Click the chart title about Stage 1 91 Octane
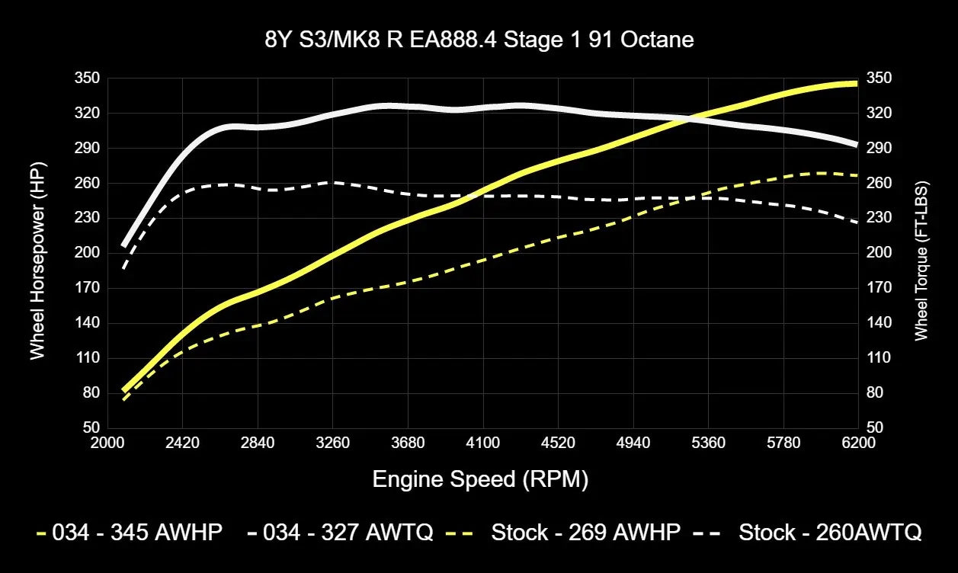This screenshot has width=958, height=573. coord(479,40)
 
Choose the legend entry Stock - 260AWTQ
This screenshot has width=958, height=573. coord(830,532)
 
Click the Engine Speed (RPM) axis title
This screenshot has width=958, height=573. coord(480,479)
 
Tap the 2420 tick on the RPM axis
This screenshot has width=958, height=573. coord(182,443)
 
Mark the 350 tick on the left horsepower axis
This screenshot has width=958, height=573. coord(89,78)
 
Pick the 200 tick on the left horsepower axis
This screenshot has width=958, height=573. coord(89,253)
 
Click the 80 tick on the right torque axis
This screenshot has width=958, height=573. coord(874,393)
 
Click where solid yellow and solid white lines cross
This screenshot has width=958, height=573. coord(690,118)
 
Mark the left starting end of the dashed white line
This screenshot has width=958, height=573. coord(123,268)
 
